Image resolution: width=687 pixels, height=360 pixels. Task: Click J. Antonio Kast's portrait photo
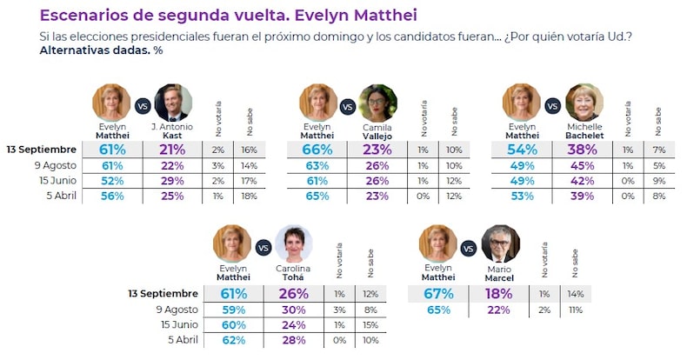tap(172, 103)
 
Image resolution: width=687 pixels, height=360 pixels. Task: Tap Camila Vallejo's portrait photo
tap(377, 103)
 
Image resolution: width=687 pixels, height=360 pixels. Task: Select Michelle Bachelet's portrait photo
tap(583, 103)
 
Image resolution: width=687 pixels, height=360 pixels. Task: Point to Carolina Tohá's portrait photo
tap(293, 244)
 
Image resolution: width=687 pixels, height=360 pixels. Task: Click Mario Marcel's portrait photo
tap(499, 244)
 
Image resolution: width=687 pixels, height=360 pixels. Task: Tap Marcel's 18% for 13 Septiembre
tap(499, 295)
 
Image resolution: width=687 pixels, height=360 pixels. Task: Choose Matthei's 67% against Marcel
tap(438, 295)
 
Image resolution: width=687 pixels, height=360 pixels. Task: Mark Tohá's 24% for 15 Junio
tap(293, 325)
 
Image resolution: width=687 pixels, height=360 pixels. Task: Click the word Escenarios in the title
tap(83, 15)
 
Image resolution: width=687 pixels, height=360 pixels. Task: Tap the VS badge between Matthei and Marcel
tap(469, 249)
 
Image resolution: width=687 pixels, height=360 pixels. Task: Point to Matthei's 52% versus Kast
tap(112, 180)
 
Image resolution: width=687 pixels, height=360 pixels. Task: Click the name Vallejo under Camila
tap(377, 136)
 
